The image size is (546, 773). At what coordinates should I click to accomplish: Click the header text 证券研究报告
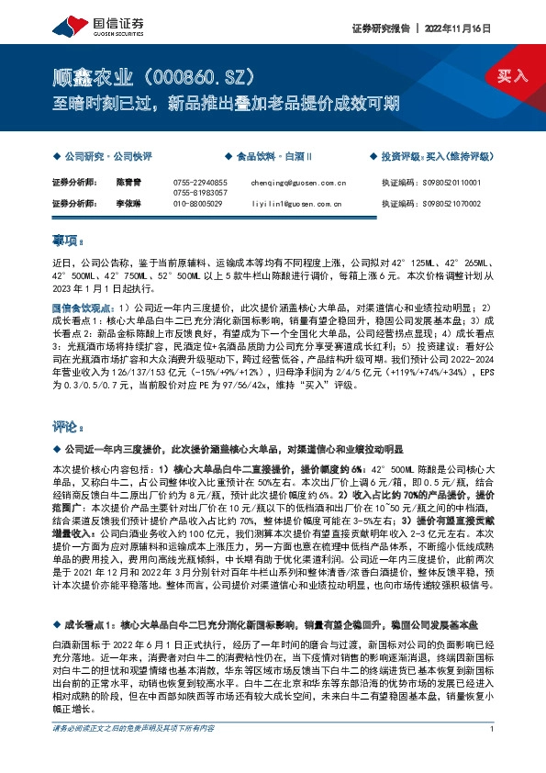tap(379, 28)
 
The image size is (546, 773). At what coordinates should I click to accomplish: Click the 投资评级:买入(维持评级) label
tap(431, 157)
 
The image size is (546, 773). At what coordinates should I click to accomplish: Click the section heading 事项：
tap(67, 241)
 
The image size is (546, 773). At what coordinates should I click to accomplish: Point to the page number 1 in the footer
tap(493, 755)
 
